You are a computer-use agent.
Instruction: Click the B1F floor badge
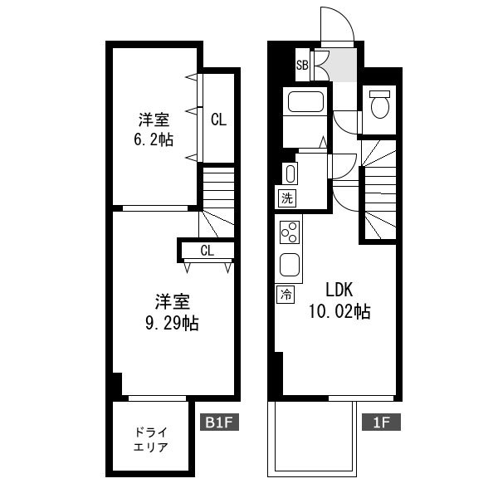219,422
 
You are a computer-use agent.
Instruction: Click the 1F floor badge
381,422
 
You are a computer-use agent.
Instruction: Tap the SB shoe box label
302,65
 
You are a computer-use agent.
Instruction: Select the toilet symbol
380,104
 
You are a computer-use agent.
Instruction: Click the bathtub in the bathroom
305,101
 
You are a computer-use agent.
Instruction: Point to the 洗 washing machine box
287,198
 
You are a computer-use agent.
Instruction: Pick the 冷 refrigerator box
286,295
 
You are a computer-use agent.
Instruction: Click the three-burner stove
290,232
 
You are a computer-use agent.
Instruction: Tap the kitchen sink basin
290,264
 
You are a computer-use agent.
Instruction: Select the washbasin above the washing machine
290,173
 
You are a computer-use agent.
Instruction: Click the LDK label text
339,290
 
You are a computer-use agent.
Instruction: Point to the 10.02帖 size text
339,311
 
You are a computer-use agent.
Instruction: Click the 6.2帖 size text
154,139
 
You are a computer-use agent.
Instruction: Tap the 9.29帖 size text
172,324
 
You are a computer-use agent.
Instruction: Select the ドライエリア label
150,440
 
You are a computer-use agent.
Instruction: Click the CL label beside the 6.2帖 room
218,120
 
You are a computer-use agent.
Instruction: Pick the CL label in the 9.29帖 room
207,251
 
